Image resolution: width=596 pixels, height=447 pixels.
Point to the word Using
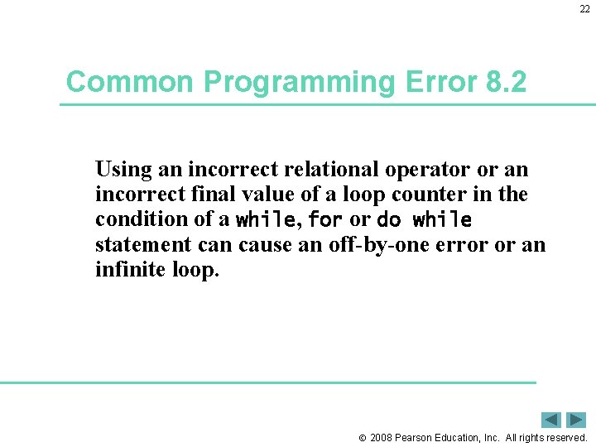point(124,171)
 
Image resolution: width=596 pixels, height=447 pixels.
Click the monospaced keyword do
point(388,220)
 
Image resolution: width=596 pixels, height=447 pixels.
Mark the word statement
point(138,245)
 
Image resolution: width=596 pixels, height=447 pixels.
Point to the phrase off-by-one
point(350,245)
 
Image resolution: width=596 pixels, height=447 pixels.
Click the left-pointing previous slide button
point(551,420)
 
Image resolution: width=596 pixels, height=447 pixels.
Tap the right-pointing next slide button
point(576,420)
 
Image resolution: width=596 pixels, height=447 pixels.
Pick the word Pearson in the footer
point(417,437)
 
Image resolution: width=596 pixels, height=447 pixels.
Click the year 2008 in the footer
point(382,437)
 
